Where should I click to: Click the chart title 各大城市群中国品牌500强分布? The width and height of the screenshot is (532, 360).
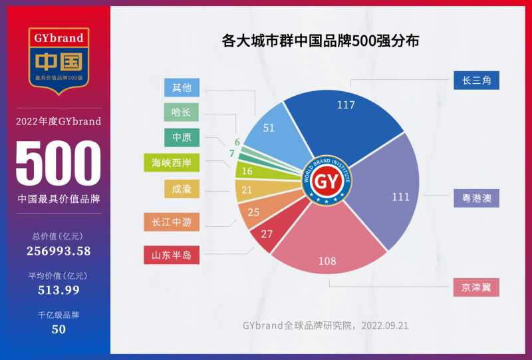(321, 41)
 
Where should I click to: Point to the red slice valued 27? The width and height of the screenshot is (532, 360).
(267, 234)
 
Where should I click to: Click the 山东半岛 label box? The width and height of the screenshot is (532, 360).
(172, 255)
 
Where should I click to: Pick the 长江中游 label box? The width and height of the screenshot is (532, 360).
(172, 222)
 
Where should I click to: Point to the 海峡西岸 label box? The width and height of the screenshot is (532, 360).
(171, 162)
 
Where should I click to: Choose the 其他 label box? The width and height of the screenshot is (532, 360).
(182, 87)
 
